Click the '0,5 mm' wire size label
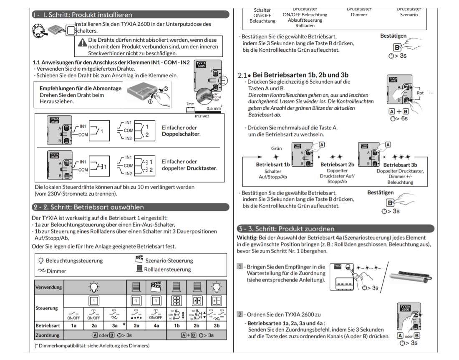[213, 108]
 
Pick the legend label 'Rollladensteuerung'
[167, 269]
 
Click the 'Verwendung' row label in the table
[49, 287]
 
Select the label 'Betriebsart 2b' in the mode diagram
[337, 165]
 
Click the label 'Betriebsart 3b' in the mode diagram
[400, 165]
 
